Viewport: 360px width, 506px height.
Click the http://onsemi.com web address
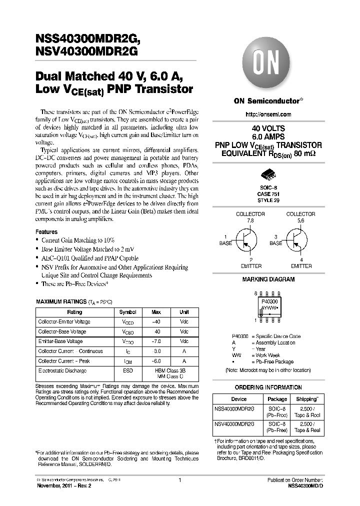(268, 114)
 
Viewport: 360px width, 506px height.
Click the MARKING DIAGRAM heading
(268, 280)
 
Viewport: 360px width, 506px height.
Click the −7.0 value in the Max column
(156, 341)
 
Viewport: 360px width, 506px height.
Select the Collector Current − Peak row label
(63, 361)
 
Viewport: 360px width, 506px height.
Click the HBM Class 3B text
(170, 370)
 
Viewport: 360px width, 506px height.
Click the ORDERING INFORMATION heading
(268, 387)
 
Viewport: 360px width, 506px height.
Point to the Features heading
(46, 232)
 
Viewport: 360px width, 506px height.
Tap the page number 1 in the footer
(179, 480)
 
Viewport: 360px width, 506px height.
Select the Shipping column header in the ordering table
(306, 399)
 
